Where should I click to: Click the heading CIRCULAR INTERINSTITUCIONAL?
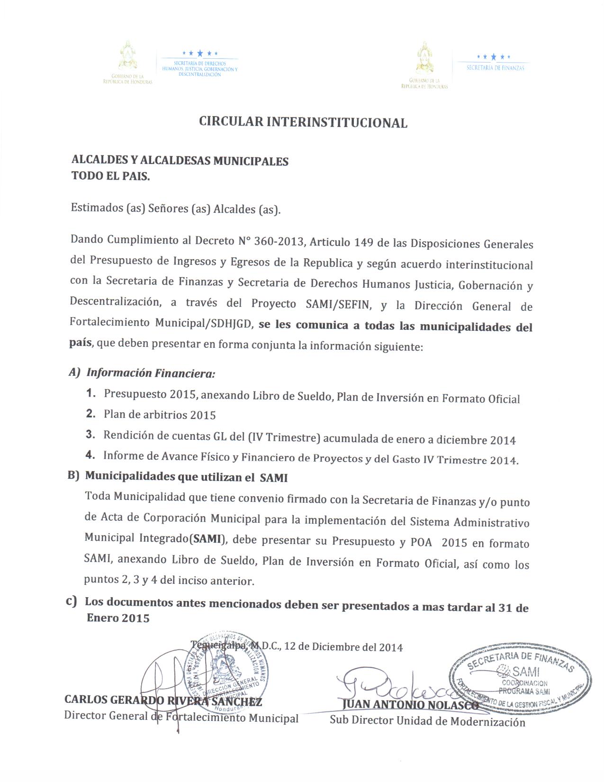[x=303, y=122]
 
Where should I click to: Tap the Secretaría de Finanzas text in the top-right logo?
[x=495, y=68]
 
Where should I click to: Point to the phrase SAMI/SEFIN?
[x=337, y=305]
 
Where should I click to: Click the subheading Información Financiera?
[x=151, y=373]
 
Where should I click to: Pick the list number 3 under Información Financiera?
[x=90, y=435]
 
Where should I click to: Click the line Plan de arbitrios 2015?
[x=160, y=415]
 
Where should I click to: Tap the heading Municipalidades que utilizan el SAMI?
[x=186, y=477]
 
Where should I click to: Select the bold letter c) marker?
[x=72, y=602]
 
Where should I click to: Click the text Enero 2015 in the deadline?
[x=118, y=618]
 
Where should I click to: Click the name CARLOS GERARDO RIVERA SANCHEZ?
[x=163, y=700]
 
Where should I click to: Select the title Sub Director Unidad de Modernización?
[x=427, y=721]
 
